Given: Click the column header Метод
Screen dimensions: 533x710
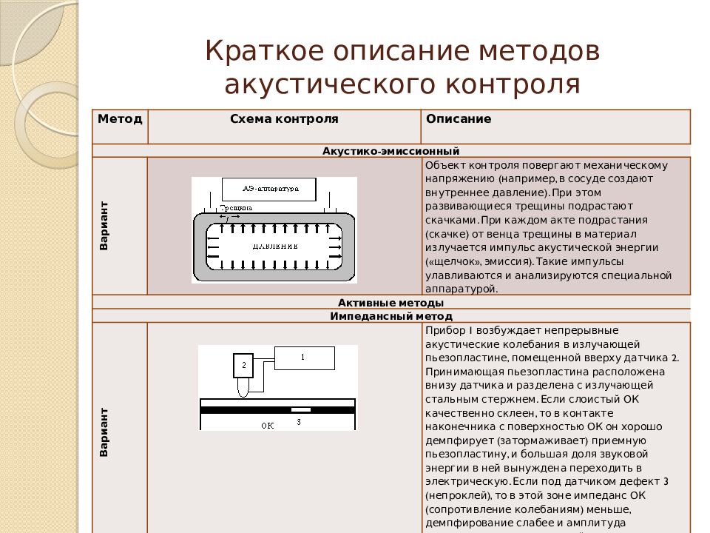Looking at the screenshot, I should [x=120, y=119].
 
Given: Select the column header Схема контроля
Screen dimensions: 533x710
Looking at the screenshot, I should [x=284, y=119].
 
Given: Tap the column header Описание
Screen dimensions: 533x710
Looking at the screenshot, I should [x=459, y=119].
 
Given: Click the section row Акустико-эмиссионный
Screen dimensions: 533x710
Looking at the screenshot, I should [x=390, y=150].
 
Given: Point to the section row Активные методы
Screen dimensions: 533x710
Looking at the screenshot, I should [x=390, y=303].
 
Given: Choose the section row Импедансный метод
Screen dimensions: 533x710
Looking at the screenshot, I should [x=390, y=316].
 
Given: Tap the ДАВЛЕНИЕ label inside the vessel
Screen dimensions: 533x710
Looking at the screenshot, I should [x=274, y=245].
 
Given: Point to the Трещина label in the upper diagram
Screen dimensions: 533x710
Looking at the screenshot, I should [x=235, y=209].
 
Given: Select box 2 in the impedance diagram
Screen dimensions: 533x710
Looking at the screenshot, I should [x=243, y=365].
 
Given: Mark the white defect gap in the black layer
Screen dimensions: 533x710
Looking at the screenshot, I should [x=300, y=409].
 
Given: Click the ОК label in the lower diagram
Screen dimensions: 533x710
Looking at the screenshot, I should [x=268, y=425].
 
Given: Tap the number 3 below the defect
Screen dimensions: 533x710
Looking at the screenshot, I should [x=299, y=422].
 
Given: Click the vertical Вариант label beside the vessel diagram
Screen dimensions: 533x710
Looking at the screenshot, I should [x=104, y=225].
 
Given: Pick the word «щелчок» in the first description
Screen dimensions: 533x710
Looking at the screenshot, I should [x=450, y=262].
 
